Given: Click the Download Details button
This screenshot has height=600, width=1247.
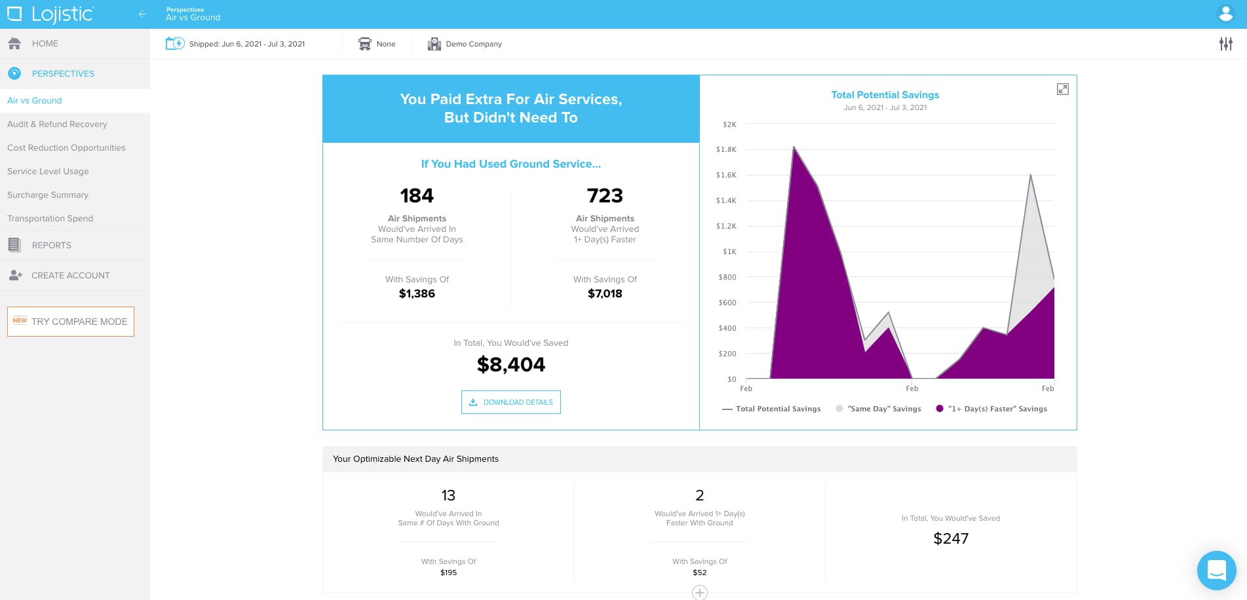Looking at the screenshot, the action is pyautogui.click(x=511, y=402).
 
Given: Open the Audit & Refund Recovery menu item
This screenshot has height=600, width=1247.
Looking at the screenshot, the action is pyautogui.click(x=57, y=124).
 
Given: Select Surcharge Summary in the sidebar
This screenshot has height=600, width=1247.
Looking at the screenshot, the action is pyautogui.click(x=48, y=195).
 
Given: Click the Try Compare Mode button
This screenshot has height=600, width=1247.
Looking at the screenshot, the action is pyautogui.click(x=71, y=322).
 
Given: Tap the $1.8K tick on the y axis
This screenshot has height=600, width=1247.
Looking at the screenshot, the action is pyautogui.click(x=726, y=149).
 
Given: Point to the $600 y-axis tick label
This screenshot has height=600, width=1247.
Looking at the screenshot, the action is pyautogui.click(x=727, y=303).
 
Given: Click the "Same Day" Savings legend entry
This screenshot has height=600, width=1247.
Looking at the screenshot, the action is pyautogui.click(x=879, y=409).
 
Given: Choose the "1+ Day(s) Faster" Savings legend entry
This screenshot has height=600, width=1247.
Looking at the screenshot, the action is pyautogui.click(x=991, y=409).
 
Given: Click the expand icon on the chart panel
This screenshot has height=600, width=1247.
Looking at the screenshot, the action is pyautogui.click(x=1063, y=89).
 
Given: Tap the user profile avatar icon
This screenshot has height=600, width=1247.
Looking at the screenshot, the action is pyautogui.click(x=1225, y=14).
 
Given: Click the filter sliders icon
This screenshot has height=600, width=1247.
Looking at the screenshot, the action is pyautogui.click(x=1226, y=44).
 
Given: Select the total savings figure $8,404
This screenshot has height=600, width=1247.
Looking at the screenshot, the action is pyautogui.click(x=511, y=364).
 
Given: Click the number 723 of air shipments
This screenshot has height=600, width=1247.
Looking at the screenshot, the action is pyautogui.click(x=605, y=195).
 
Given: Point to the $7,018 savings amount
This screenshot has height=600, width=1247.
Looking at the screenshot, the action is pyautogui.click(x=605, y=293).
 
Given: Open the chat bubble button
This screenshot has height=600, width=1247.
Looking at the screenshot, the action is pyautogui.click(x=1217, y=571).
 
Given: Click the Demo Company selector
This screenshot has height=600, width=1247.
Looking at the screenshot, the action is pyautogui.click(x=465, y=44).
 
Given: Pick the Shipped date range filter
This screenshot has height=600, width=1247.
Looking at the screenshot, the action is pyautogui.click(x=235, y=44).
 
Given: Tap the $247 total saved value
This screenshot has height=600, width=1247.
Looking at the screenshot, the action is pyautogui.click(x=951, y=538).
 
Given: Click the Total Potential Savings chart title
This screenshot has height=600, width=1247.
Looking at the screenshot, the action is pyautogui.click(x=885, y=95).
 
